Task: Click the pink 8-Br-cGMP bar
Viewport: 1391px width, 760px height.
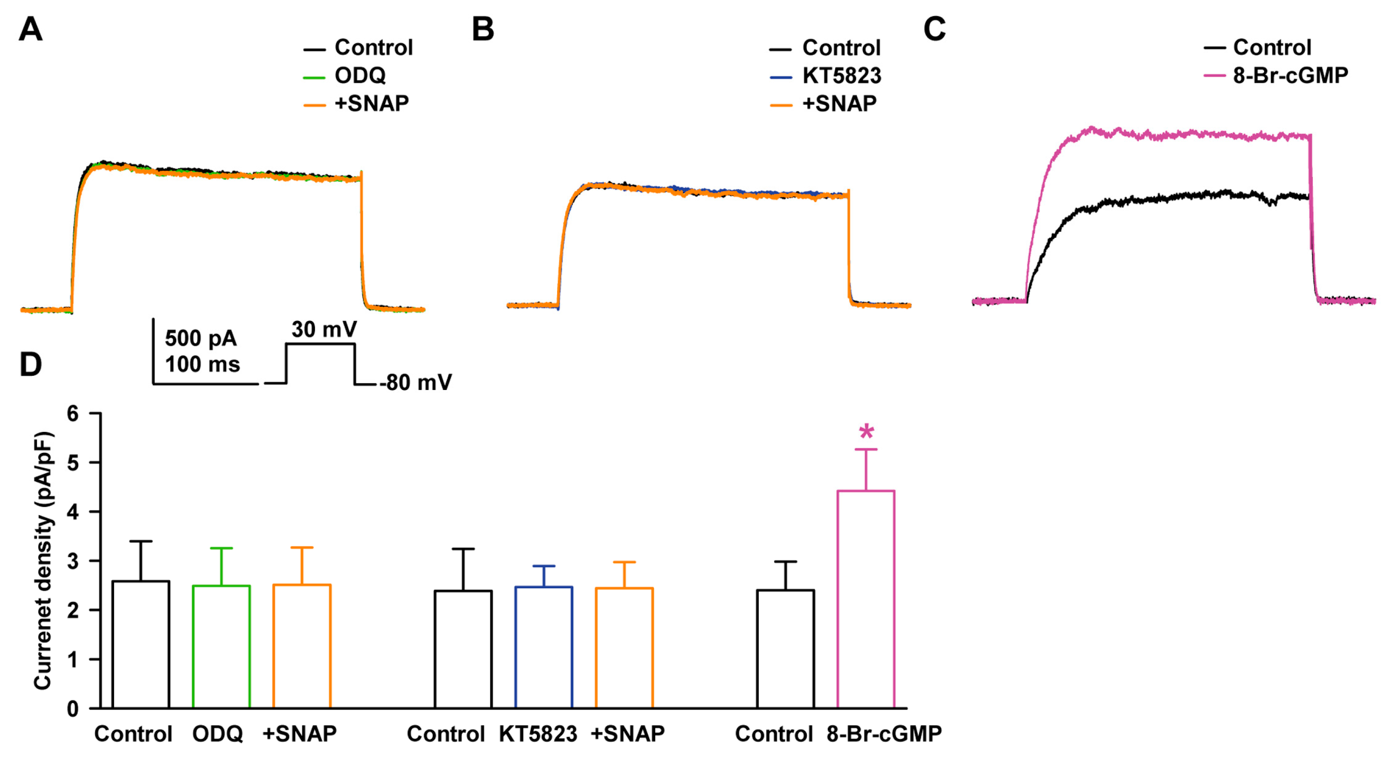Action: pyautogui.click(x=866, y=600)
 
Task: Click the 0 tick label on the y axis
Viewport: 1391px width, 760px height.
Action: pyautogui.click(x=72, y=709)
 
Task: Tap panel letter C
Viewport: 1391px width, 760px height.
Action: pyautogui.click(x=934, y=29)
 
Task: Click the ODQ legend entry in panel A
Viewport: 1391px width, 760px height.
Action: pyautogui.click(x=360, y=76)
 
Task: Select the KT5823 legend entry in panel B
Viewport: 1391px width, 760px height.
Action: pyautogui.click(x=841, y=76)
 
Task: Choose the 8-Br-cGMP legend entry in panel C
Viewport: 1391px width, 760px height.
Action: pyautogui.click(x=1290, y=75)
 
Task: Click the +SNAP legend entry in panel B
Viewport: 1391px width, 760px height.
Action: pyautogui.click(x=839, y=103)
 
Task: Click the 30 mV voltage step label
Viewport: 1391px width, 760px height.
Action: pyautogui.click(x=324, y=329)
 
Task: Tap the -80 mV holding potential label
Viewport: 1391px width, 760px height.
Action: pyautogui.click(x=415, y=382)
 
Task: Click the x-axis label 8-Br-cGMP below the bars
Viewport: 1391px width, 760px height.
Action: pyautogui.click(x=884, y=734)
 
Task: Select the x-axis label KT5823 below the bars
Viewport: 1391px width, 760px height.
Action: pyautogui.click(x=538, y=734)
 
